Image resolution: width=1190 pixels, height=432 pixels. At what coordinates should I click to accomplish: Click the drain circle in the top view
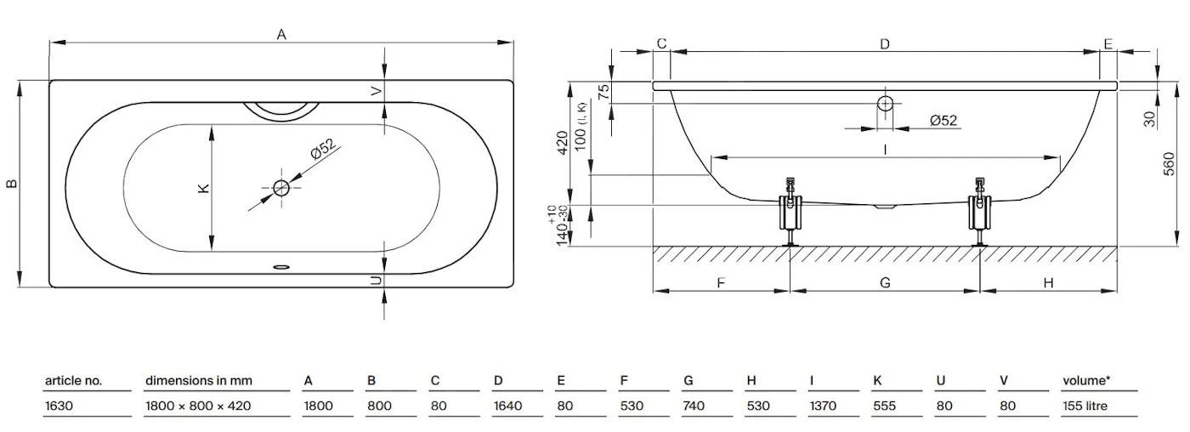pyautogui.click(x=281, y=188)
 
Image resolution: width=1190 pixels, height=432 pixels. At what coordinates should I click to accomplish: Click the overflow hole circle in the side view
pyautogui.click(x=886, y=104)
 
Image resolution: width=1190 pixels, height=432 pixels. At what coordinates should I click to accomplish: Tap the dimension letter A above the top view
pyautogui.click(x=281, y=34)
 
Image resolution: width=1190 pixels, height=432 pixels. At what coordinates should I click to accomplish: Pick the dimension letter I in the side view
pyautogui.click(x=886, y=149)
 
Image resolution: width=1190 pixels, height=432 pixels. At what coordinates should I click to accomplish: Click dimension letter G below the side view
pyautogui.click(x=886, y=282)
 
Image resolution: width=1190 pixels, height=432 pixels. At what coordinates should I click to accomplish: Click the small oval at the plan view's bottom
pyautogui.click(x=281, y=266)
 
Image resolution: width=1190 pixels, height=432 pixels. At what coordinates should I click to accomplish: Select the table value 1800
pyautogui.click(x=318, y=406)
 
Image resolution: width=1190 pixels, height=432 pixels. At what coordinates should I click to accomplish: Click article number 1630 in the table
pyautogui.click(x=59, y=406)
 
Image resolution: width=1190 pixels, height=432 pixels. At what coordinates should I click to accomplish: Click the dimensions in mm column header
pyautogui.click(x=199, y=380)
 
